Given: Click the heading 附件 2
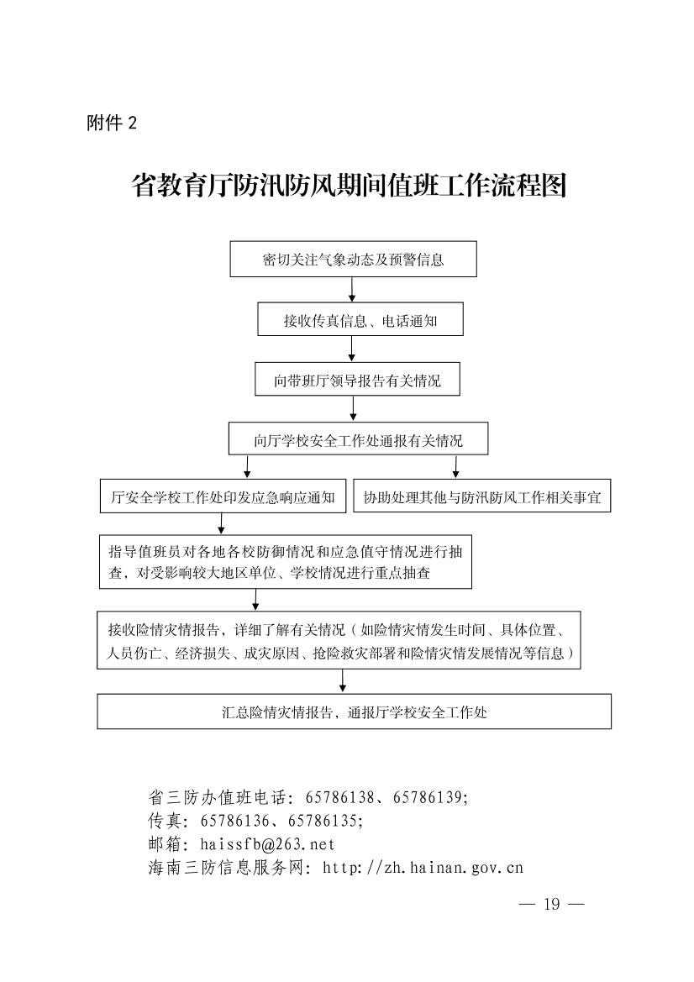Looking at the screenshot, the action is (x=112, y=122).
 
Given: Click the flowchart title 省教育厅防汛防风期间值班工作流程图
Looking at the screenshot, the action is (x=349, y=186).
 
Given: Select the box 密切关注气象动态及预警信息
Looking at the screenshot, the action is (x=353, y=260).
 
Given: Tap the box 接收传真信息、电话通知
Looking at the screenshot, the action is (x=360, y=319).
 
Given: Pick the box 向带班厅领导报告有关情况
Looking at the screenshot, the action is (x=357, y=379).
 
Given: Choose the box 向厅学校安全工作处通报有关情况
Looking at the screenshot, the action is (x=358, y=438).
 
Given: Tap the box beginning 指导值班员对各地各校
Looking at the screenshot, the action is (x=285, y=562).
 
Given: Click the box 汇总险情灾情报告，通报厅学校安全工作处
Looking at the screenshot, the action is (x=354, y=712).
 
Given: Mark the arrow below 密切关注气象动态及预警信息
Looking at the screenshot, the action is (x=353, y=290).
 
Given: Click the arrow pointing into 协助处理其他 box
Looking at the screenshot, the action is (x=455, y=467).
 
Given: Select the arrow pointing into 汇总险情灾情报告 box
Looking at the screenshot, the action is (x=342, y=681).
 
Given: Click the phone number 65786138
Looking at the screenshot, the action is (x=340, y=798).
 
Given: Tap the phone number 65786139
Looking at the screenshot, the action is (x=428, y=798).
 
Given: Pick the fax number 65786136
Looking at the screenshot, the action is (x=235, y=821).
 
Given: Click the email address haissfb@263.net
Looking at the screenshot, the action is (x=267, y=844).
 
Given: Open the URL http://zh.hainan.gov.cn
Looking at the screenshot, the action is (x=423, y=868).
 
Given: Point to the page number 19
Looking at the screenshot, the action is (x=552, y=904).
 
